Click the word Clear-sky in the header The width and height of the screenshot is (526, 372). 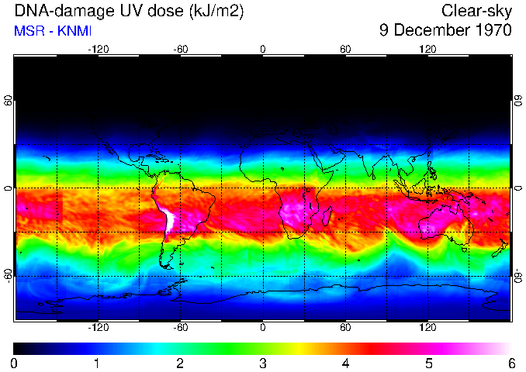coord(476,11)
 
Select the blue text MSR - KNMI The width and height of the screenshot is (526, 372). coord(53,31)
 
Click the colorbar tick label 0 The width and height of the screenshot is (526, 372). coord(14,363)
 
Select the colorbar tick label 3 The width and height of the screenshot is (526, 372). coord(263,363)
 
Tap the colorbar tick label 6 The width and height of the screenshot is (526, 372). coord(511,363)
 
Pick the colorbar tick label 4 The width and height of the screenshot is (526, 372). coord(345,363)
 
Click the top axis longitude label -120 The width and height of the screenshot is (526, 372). coord(98,49)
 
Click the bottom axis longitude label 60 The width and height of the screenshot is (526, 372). coord(345,328)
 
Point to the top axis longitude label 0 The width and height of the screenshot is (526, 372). coord(263,49)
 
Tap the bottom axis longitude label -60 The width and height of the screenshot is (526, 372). coord(180,328)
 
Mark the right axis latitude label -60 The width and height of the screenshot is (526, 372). coord(518,276)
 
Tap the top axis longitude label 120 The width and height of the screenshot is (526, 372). coord(427,49)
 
